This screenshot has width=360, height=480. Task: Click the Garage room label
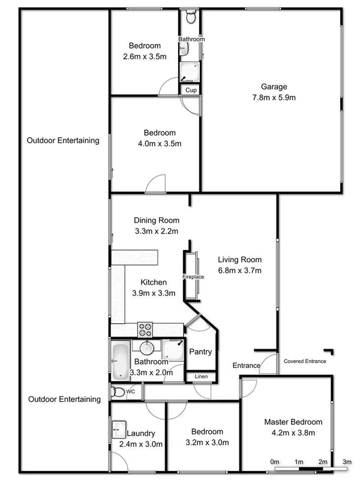tap(274, 86)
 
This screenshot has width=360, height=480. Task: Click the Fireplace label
tap(194, 277)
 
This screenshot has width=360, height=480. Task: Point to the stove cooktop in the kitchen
tap(146, 329)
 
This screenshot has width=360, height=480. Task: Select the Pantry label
tap(200, 352)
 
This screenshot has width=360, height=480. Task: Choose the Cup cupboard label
tap(191, 90)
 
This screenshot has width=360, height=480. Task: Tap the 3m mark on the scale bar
tap(347, 461)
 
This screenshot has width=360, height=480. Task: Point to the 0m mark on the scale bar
tap(275, 461)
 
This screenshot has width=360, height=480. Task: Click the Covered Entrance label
tap(305, 361)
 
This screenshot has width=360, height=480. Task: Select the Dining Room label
tap(156, 220)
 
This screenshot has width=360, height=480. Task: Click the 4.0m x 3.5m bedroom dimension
tap(159, 143)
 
